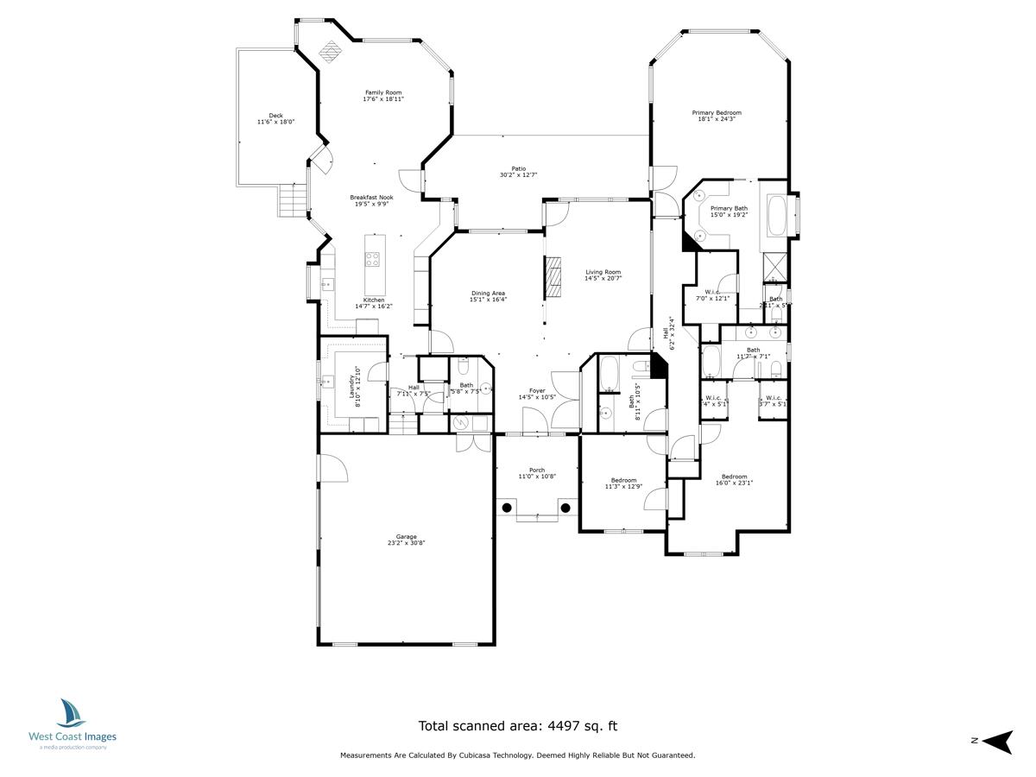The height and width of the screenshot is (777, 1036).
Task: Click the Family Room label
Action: click(x=382, y=92)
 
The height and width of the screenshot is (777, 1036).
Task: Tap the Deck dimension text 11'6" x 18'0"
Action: click(x=275, y=123)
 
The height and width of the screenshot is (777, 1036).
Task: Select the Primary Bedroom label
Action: click(x=717, y=112)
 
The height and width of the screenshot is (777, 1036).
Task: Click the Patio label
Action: click(x=518, y=168)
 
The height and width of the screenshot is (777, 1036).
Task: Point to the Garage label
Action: click(x=406, y=537)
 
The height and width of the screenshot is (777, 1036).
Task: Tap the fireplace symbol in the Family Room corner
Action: click(x=329, y=52)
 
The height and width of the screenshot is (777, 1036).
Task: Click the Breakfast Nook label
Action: click(x=371, y=197)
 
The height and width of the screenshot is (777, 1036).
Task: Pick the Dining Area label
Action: click(x=488, y=294)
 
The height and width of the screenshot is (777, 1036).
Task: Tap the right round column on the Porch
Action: click(x=565, y=508)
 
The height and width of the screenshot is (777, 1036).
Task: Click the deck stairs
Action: click(x=293, y=202)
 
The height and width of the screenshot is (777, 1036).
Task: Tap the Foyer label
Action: click(x=537, y=390)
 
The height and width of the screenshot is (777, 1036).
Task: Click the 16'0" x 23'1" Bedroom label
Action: click(x=734, y=477)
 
